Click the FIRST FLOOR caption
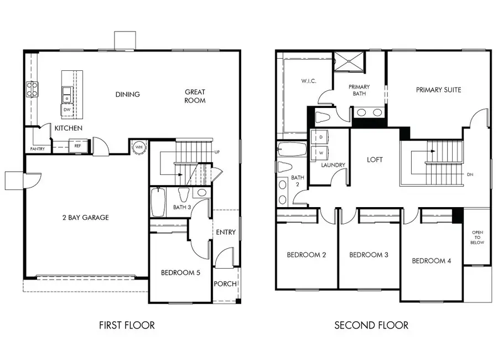click(x=127, y=325)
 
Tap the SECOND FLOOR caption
click(x=371, y=325)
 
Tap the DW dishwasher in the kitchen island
click(x=66, y=110)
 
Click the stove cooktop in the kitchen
click(x=32, y=89)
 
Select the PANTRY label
click(x=38, y=149)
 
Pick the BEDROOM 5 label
click(x=180, y=272)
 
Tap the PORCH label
click(x=226, y=284)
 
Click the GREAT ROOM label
click(x=195, y=96)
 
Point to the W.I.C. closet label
click(x=309, y=81)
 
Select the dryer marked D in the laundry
click(x=320, y=136)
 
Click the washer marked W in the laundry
click(x=320, y=152)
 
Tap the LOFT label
click(x=375, y=160)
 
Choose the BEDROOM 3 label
click(x=369, y=255)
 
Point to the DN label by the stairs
click(x=470, y=174)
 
